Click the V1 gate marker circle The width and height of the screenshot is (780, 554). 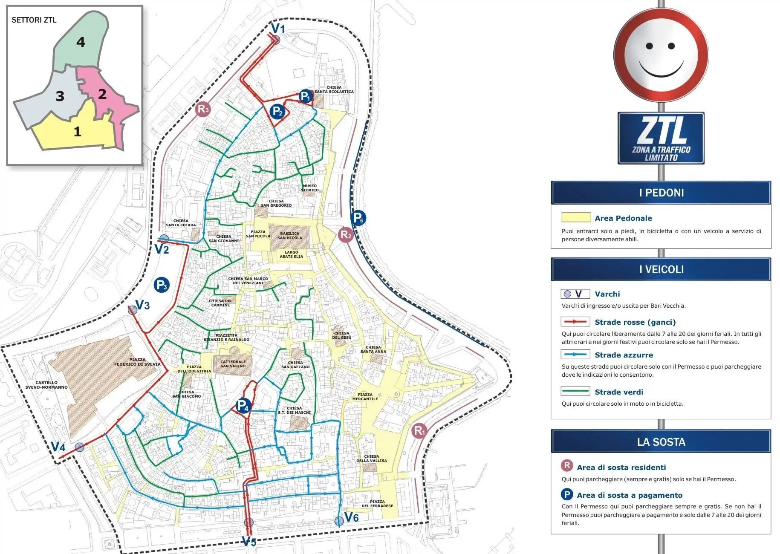click(276, 40)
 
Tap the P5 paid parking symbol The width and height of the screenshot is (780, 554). click(358, 218)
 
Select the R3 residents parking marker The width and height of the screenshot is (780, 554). click(203, 109)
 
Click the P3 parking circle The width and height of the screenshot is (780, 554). click(162, 285)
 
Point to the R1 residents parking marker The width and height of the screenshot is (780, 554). click(419, 431)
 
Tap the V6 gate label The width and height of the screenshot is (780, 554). click(352, 517)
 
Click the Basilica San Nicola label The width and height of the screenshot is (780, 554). click(289, 236)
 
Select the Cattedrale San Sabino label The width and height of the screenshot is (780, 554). click(233, 364)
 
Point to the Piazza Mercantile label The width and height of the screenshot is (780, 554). click(365, 397)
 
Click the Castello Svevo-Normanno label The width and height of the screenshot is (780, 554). click(46, 385)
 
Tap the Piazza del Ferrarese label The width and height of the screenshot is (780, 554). click(377, 504)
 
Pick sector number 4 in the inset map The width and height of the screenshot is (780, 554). click(81, 42)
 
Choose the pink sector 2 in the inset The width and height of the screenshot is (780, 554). click(102, 94)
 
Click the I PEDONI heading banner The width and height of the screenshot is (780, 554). click(661, 193)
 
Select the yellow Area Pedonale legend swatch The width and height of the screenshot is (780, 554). click(576, 218)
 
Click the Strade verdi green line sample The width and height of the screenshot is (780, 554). click(575, 392)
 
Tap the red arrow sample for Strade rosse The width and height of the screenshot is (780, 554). click(575, 322)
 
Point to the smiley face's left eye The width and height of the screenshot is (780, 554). click(650, 46)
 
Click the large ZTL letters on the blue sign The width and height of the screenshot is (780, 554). click(661, 131)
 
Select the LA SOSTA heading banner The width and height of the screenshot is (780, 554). click(661, 442)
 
